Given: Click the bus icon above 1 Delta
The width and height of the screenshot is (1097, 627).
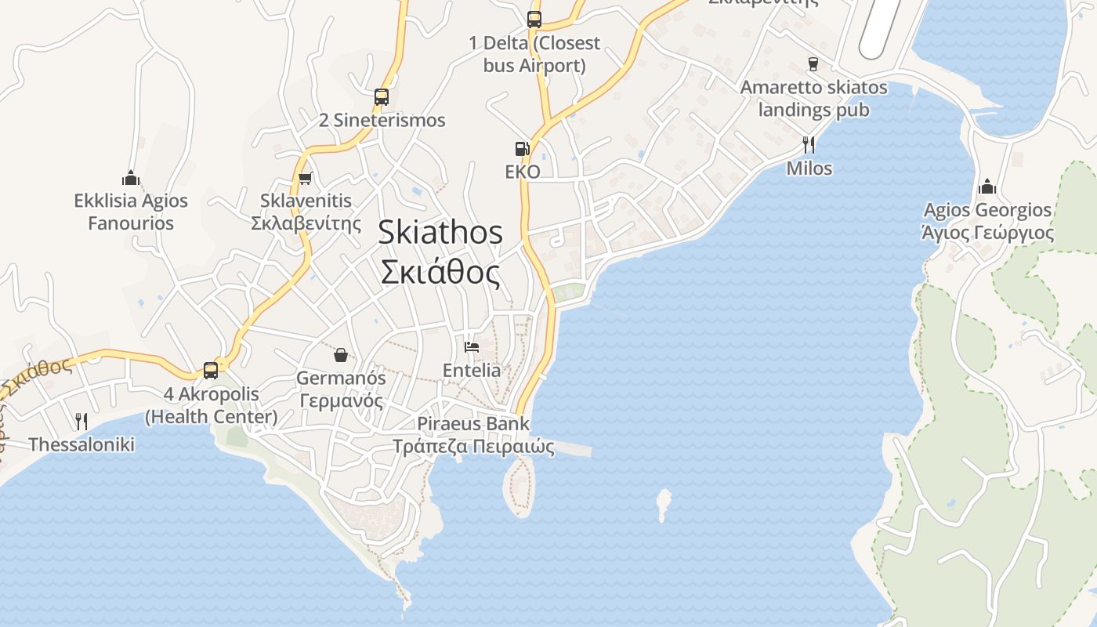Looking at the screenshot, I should tap(534, 20).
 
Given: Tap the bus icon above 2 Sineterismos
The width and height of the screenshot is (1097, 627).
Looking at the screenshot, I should tap(382, 97).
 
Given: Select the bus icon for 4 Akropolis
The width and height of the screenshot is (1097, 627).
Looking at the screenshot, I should tap(211, 370).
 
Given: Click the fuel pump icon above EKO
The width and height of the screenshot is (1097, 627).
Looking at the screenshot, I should tap(522, 148).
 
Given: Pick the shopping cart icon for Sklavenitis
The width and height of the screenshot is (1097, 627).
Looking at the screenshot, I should tap(305, 178).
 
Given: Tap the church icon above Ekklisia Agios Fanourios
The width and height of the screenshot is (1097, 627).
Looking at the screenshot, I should tap(131, 179).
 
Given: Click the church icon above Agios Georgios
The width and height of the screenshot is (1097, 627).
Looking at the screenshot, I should tap(987, 187).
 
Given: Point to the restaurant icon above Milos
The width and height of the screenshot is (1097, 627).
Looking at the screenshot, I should tap(809, 144).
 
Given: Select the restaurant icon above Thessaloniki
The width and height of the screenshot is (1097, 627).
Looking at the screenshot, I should tap(81, 422).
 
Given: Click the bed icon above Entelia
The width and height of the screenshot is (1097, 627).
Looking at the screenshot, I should tap(472, 346).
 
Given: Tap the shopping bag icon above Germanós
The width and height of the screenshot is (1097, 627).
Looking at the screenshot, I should tap(341, 355).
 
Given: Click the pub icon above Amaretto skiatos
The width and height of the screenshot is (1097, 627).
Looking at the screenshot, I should tap(813, 64).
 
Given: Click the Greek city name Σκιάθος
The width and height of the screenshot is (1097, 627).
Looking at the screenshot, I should tap(440, 273).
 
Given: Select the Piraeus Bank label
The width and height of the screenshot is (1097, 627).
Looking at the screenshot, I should tap(473, 424).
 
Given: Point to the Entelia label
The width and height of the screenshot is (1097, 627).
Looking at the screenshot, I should tap(472, 370).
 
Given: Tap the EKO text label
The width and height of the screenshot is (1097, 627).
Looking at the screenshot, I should tap(523, 172).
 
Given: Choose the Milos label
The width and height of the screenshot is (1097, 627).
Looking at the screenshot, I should tap(809, 169).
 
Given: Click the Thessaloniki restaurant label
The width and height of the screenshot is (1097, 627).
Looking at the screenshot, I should tap(81, 445).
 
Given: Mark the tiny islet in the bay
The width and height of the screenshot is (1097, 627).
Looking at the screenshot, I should tap(664, 504).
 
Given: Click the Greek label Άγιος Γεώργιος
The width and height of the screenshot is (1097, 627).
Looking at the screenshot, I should tap(987, 234).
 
